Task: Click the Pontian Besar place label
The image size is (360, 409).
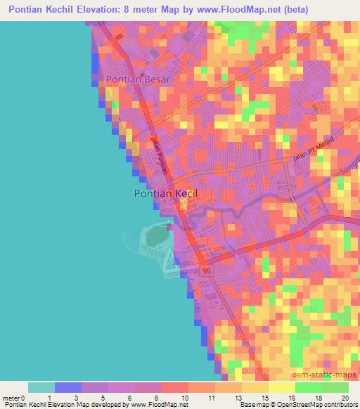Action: click(x=138, y=80)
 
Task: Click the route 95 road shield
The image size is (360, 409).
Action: click(x=205, y=271)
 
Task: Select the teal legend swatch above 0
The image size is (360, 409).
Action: click(x=41, y=387)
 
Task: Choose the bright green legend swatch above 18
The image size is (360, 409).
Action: click(x=309, y=387)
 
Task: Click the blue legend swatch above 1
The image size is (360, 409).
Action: click(x=68, y=387)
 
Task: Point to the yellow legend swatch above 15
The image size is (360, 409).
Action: click(x=255, y=387)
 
